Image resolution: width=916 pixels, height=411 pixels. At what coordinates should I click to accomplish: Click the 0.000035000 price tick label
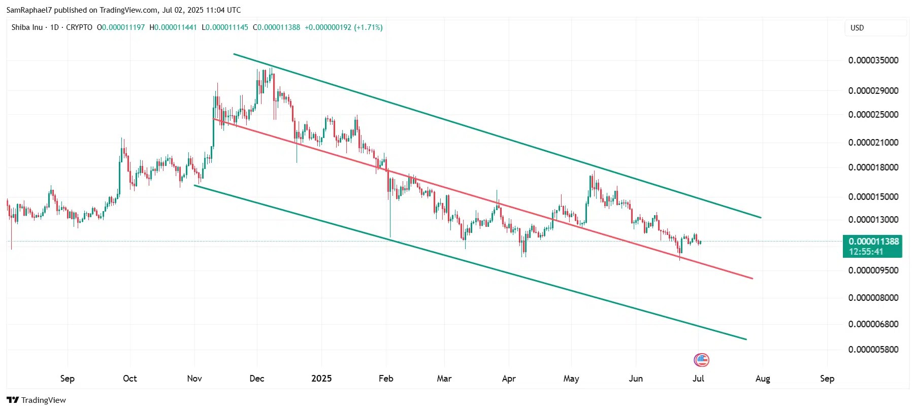[873, 60]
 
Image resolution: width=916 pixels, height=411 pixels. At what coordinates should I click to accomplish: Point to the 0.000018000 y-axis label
[873, 167]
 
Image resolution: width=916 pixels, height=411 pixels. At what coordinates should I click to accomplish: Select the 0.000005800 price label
[873, 350]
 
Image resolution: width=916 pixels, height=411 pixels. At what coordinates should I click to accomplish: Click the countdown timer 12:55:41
[865, 252]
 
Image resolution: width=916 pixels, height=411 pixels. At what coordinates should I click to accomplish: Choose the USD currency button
[857, 28]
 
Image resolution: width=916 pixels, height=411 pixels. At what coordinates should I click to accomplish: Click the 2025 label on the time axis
[321, 379]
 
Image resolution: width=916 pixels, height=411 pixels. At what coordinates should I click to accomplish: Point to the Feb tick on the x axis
[386, 379]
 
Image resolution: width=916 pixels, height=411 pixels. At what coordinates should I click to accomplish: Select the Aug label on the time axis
[762, 379]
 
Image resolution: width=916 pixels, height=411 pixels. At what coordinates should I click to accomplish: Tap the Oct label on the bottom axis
[130, 379]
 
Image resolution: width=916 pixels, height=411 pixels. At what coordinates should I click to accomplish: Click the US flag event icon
[701, 360]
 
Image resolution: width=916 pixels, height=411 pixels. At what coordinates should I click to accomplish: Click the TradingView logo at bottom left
[37, 400]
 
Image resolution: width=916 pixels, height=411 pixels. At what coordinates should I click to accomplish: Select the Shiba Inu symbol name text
[27, 27]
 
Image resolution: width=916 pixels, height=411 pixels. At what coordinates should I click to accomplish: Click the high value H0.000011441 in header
[173, 27]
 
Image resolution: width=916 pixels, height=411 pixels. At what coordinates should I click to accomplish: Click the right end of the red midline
[752, 278]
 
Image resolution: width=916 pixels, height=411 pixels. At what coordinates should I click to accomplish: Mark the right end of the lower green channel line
[746, 339]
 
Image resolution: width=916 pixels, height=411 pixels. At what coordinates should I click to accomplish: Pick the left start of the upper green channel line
[234, 54]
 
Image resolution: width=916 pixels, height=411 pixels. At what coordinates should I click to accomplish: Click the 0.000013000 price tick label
[873, 220]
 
